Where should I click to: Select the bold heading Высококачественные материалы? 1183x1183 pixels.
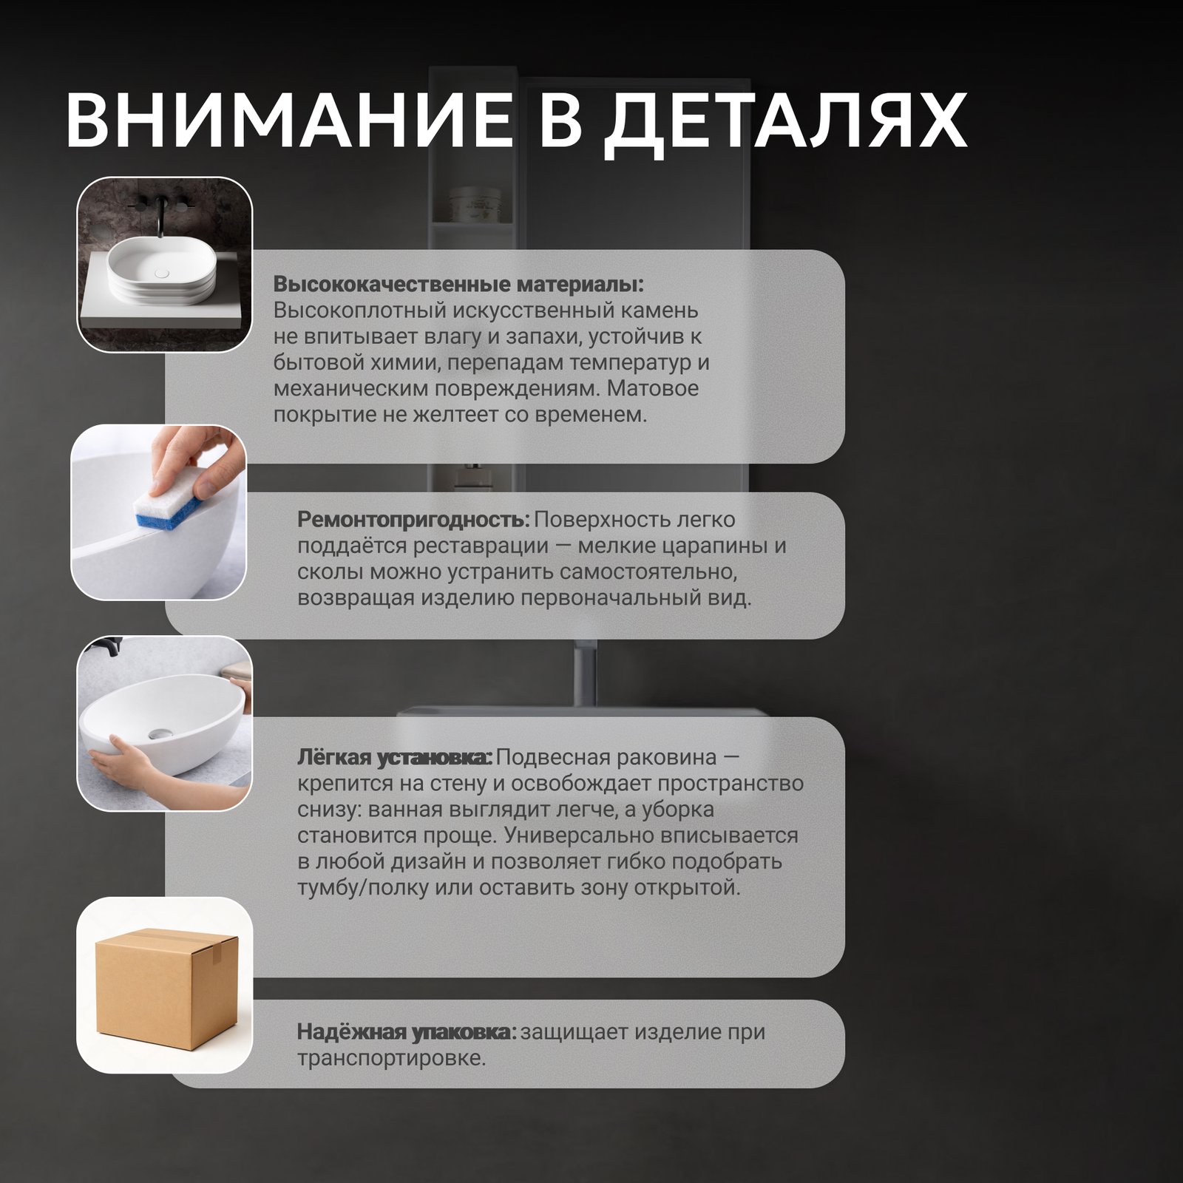coord(458,285)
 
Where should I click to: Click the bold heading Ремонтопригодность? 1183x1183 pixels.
coord(413,520)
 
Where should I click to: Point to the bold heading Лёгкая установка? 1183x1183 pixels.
coord(394,757)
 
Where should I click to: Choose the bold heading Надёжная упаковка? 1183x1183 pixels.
coord(407,1031)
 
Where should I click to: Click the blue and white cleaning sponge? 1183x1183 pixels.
coord(166,509)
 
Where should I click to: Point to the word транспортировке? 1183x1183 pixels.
coord(391,1058)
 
